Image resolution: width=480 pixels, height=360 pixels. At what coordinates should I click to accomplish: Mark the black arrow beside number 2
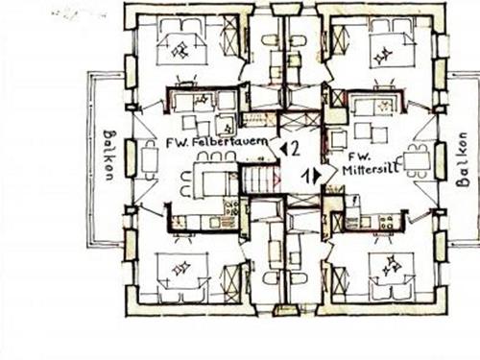(x=283, y=148)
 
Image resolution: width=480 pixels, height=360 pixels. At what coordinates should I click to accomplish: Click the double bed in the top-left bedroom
(x=177, y=49)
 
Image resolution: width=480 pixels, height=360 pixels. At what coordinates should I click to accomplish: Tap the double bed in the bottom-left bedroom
(x=179, y=268)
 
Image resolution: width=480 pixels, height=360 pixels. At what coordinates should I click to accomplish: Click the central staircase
(x=257, y=178)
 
